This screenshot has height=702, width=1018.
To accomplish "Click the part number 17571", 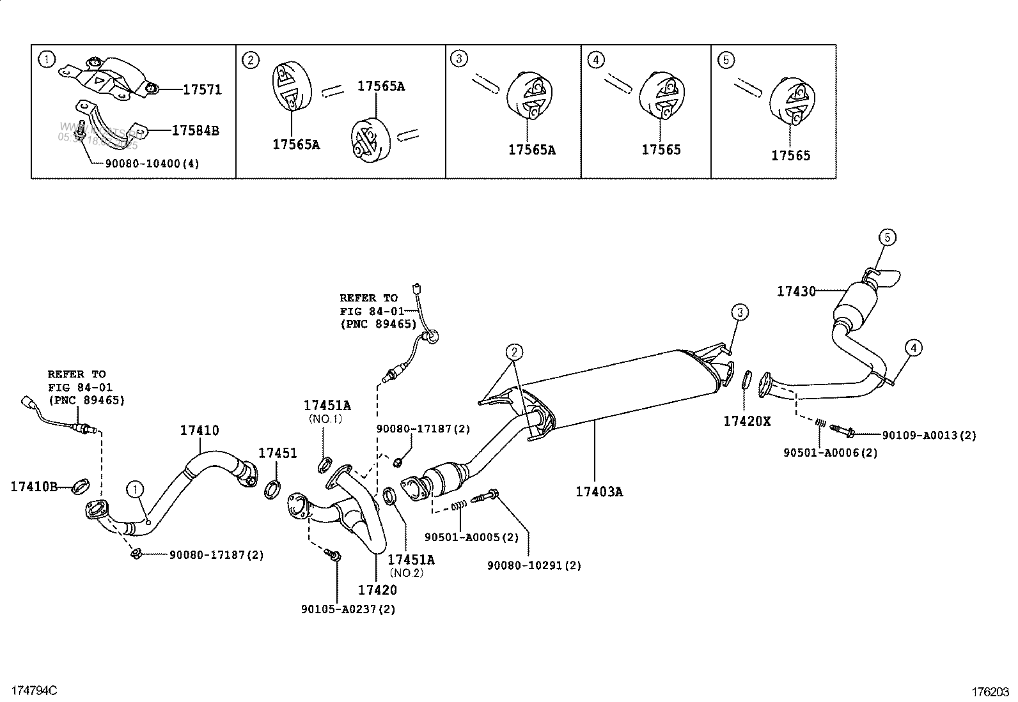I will coord(202,90).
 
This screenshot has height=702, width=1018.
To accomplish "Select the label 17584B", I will coord(195,131).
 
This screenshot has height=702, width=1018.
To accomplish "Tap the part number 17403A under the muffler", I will coord(599,491).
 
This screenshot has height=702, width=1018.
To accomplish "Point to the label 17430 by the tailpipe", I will coord(796,291).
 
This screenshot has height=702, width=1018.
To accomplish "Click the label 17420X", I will coord(747,421).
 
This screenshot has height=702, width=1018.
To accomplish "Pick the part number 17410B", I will coord(34,487).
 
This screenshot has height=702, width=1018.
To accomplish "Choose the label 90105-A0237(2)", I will coord(348,609).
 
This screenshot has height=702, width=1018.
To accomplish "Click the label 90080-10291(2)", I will coord(534,565).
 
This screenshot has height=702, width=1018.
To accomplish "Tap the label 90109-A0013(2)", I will coord(929,436).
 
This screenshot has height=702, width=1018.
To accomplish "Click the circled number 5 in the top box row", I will coord(726,60).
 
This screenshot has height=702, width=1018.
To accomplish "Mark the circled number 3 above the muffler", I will coord(740,312).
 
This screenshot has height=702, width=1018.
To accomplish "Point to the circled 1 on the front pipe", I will coord(135,490).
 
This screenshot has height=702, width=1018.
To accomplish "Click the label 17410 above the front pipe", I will coord(199,431).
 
